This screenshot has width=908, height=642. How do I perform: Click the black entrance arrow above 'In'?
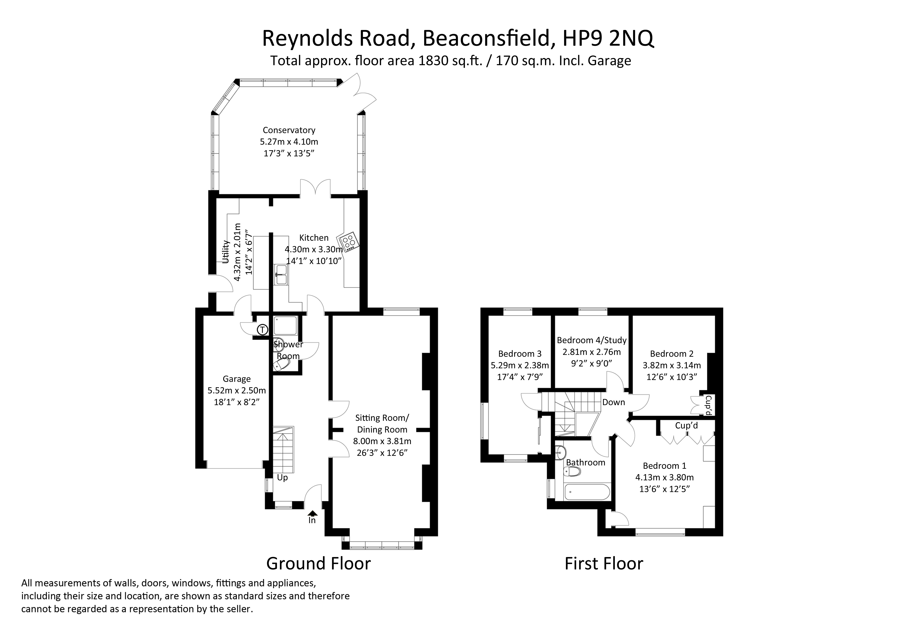pos(312,513)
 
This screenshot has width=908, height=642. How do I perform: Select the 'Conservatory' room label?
pos(289,130)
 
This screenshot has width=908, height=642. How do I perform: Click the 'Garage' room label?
pos(236,379)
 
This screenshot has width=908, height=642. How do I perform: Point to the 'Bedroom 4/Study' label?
pos(592,340)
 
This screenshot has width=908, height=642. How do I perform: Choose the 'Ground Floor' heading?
pos(318,563)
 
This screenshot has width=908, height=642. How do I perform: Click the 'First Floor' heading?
pos(603,563)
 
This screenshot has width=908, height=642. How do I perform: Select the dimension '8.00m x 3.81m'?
pos(382,441)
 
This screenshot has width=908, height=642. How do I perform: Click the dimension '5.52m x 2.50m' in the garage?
pos(236,391)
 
